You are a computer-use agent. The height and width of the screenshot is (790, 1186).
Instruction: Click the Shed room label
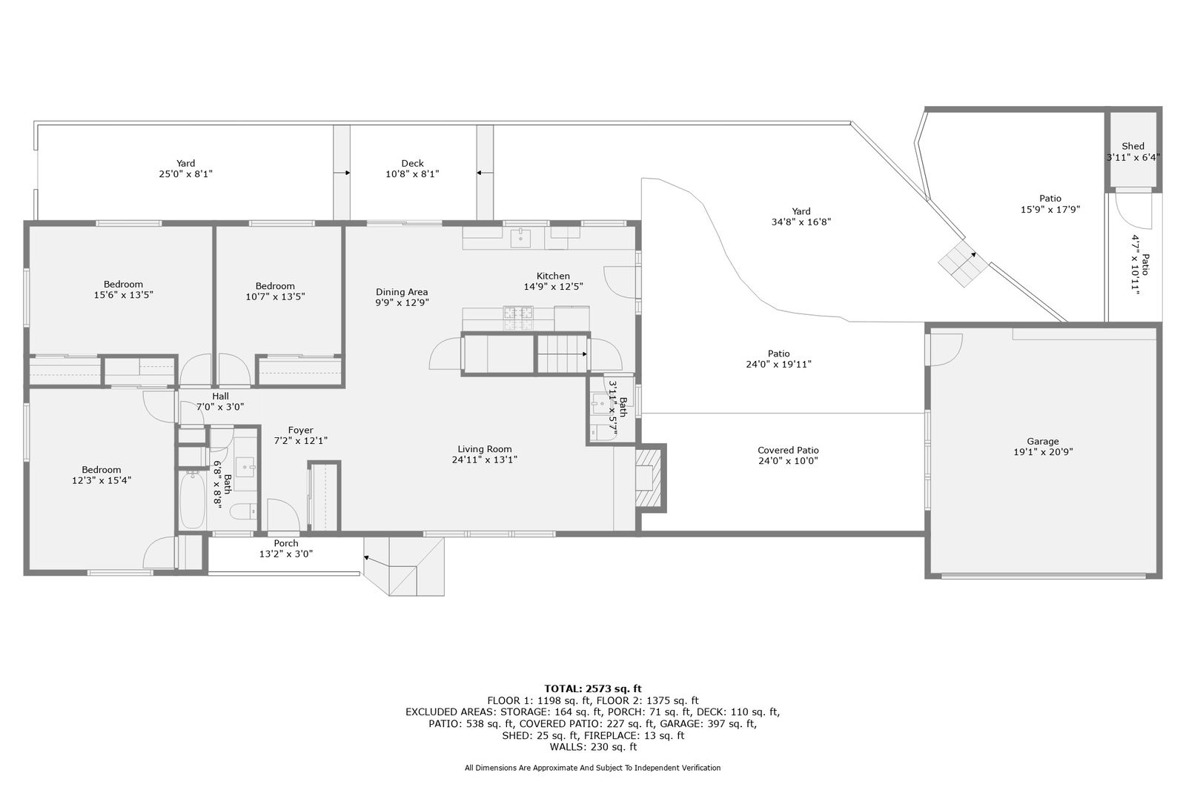click(x=1133, y=146)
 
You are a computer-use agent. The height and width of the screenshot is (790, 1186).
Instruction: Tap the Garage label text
click(x=1042, y=441)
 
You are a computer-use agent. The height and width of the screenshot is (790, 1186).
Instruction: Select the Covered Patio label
click(x=788, y=450)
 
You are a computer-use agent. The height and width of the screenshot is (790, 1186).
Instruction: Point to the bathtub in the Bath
click(x=192, y=500)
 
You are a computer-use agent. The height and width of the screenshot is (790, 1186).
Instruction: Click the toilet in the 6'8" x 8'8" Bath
click(x=244, y=511)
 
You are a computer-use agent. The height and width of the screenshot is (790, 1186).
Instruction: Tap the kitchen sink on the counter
click(x=520, y=239)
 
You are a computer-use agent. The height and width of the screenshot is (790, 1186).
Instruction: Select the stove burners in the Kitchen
click(x=518, y=318)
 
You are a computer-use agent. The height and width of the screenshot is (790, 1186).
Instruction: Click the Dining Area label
click(x=402, y=292)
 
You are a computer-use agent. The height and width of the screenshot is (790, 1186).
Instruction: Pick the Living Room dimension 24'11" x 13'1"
click(x=485, y=459)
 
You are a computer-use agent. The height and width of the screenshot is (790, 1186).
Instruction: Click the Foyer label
click(x=301, y=430)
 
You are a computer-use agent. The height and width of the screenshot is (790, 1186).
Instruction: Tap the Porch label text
click(x=286, y=543)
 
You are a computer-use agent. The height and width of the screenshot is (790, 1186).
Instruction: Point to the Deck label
click(x=412, y=164)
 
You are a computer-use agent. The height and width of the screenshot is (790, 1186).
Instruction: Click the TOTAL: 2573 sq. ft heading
click(x=593, y=689)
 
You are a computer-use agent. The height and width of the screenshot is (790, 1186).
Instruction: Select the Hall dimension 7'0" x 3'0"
click(x=220, y=407)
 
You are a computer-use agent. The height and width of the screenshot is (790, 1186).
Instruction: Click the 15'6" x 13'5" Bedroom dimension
click(x=123, y=295)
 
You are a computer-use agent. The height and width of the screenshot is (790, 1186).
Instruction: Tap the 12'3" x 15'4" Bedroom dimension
click(x=102, y=480)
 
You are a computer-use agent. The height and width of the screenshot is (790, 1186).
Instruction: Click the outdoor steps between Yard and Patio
click(x=963, y=263)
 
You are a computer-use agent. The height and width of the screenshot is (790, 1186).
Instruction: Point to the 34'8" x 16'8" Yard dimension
click(x=801, y=222)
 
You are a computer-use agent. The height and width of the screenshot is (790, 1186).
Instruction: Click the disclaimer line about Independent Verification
click(x=592, y=768)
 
